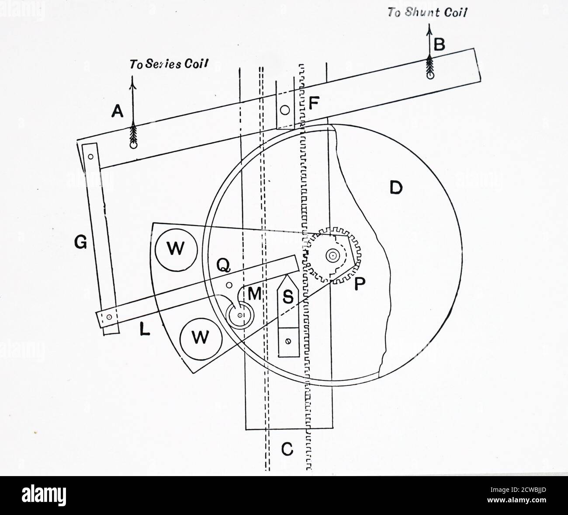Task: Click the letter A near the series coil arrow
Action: pos(116,113)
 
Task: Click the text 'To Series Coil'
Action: pos(168,64)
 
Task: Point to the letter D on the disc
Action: pos(395,188)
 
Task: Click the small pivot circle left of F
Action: pos(285,110)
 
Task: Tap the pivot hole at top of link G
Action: pos(91,156)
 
